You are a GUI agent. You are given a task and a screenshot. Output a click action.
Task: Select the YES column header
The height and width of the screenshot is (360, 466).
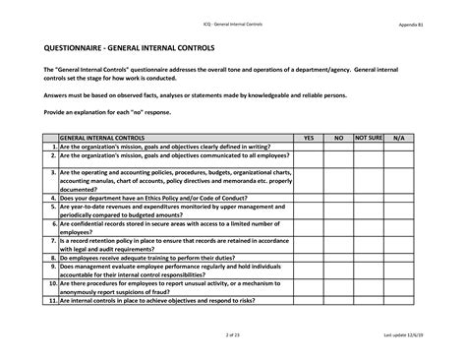308,139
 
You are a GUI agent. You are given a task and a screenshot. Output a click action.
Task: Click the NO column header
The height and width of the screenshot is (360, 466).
338,139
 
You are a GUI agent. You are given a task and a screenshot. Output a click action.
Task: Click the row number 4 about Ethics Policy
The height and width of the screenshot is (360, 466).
52,197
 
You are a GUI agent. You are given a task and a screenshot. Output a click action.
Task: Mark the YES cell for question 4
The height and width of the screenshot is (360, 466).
308,197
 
